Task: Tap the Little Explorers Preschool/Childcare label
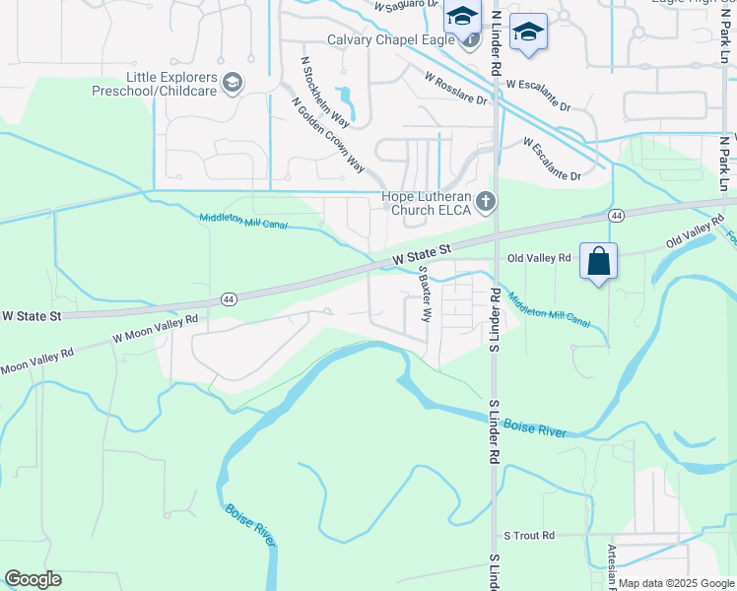tap(172, 84)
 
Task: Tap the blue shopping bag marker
tap(598, 263)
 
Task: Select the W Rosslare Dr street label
tap(455, 87)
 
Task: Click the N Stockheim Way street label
tap(324, 92)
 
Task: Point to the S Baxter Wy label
tap(426, 294)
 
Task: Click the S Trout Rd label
tap(529, 536)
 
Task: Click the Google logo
tap(33, 579)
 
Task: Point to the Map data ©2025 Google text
tap(676, 583)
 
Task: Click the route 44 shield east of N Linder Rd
tap(616, 215)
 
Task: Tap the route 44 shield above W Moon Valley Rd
tap(229, 297)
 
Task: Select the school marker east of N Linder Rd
tap(528, 33)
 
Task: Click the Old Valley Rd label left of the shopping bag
tap(539, 258)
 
